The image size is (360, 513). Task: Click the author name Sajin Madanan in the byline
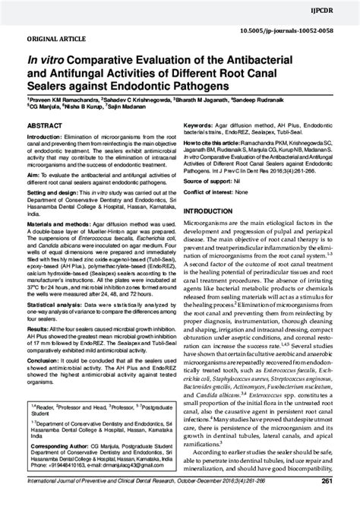click(x=122, y=108)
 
